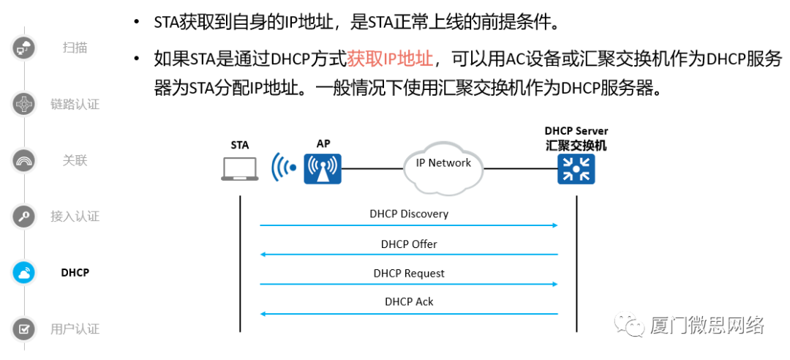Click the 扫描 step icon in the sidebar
pos(24,48)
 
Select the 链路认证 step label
pos(75,105)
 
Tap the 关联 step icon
pos(24,160)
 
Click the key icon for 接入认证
pos(24,217)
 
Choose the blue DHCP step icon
pos(24,273)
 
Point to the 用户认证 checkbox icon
pos(24,329)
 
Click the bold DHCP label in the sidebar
pos(75,273)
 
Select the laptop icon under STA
pos(240,169)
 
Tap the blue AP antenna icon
pos(323,169)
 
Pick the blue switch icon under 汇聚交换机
pos(576,169)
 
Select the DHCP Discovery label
pos(409,214)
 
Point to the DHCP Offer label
pos(409,244)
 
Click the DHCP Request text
pos(409,273)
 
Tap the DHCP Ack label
pos(409,301)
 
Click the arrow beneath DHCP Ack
pos(409,314)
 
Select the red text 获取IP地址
pos(391,59)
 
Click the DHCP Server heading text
pos(576,131)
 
